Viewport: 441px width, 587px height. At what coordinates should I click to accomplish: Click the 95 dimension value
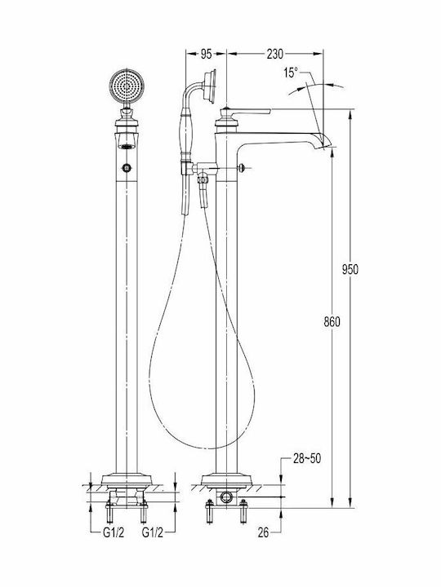[206, 55]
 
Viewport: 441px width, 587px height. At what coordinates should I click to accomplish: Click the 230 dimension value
[275, 55]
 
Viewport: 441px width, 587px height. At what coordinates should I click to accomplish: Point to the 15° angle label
[291, 73]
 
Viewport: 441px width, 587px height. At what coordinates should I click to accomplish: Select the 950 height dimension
[350, 269]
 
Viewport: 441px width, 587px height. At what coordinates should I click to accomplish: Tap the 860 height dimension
[332, 321]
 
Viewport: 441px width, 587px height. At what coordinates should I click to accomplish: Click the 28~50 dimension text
[307, 458]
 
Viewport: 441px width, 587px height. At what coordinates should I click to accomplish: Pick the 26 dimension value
[263, 532]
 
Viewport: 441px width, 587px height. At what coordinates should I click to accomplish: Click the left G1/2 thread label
[114, 532]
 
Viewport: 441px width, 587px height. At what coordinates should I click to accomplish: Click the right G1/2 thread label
[153, 532]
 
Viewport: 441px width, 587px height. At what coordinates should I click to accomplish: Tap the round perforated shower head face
[127, 86]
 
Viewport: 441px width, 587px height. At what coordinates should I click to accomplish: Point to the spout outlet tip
[326, 144]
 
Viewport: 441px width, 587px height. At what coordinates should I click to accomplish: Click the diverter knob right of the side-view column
[243, 168]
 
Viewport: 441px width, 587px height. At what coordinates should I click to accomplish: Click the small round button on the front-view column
[127, 167]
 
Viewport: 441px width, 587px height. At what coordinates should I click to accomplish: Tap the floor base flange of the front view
[127, 479]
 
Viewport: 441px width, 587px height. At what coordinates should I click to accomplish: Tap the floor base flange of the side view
[226, 479]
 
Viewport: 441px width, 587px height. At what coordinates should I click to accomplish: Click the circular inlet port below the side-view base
[226, 497]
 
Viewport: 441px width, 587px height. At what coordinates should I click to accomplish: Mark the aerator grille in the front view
[127, 146]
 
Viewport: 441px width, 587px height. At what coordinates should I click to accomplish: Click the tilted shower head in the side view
[209, 86]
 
